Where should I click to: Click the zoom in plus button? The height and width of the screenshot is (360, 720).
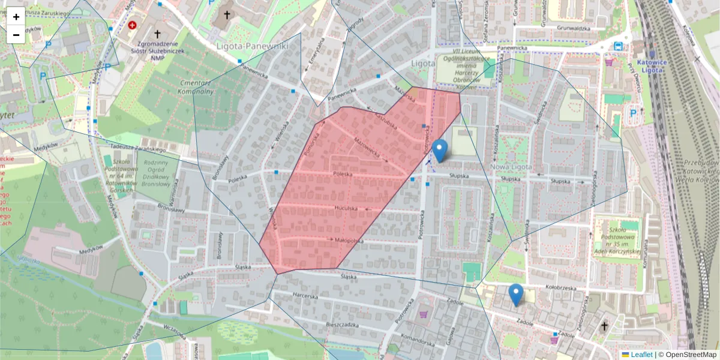16,17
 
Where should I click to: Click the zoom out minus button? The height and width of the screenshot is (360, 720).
16,35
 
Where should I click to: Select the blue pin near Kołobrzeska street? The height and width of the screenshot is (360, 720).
515,295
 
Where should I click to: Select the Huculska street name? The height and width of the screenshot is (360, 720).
346,207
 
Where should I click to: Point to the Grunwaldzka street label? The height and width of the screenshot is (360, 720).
574,28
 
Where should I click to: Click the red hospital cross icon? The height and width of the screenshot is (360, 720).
133,26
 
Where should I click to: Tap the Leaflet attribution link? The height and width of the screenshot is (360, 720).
641,355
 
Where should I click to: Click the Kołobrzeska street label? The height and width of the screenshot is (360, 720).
561,287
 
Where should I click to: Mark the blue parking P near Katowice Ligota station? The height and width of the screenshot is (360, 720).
632,113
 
